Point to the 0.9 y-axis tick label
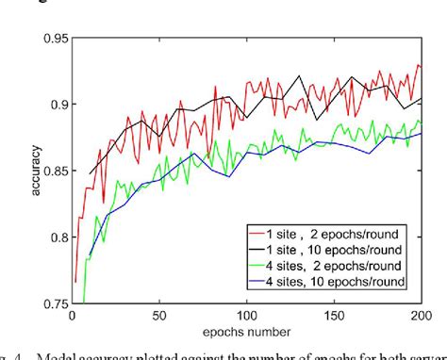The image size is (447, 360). coord(57,105)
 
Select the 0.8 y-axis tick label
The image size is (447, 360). coord(57,237)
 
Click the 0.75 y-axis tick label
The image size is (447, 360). coord(54,303)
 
